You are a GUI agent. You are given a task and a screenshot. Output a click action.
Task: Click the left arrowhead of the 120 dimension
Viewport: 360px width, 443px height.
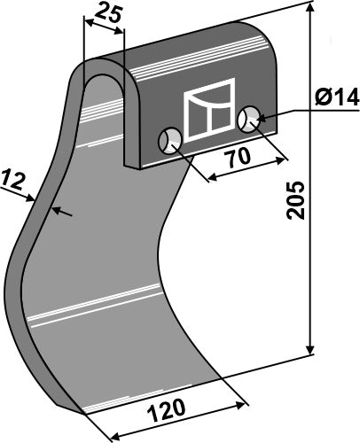pos(112,435)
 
